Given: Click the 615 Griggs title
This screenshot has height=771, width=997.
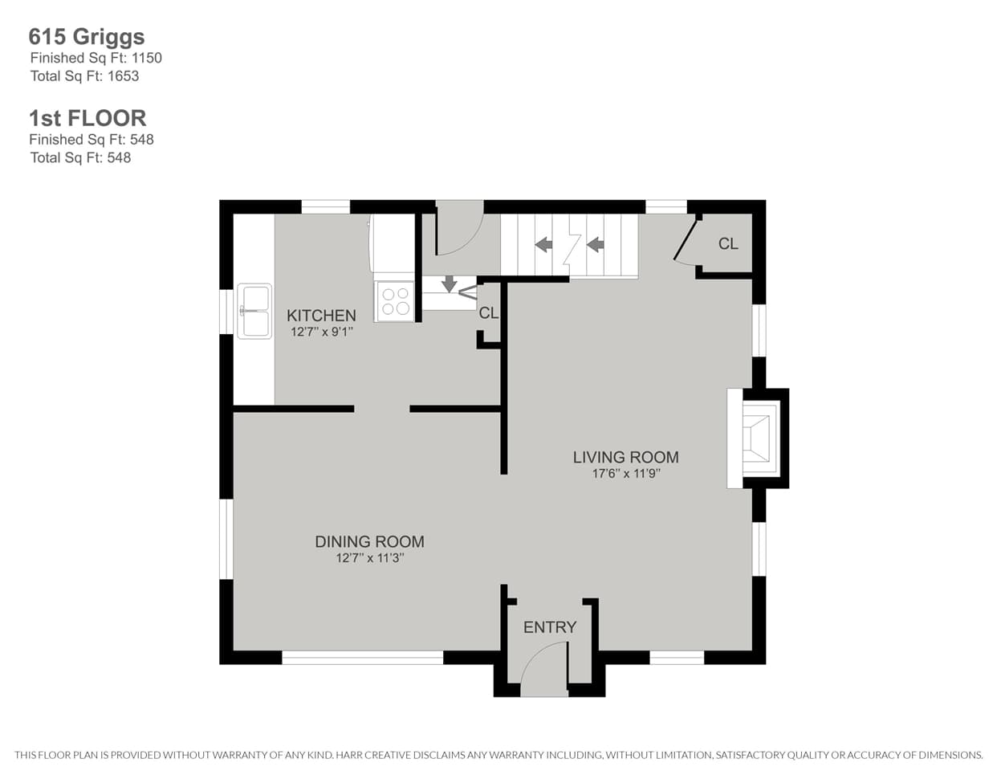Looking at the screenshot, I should click(87, 37).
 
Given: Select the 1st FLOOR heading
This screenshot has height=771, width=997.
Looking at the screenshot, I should click(87, 118).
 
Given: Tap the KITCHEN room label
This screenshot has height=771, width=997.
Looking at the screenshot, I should click(321, 316).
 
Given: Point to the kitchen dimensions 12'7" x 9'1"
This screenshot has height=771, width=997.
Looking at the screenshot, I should click(321, 331).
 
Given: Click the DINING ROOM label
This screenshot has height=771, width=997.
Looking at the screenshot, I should click(369, 542).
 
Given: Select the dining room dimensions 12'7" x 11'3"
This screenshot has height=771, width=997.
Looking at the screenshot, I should click(369, 558).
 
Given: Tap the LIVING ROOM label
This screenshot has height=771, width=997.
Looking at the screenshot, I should click(625, 457).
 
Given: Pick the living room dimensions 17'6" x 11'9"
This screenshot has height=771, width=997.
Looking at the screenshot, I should click(625, 473).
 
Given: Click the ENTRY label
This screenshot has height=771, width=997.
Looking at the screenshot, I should click(550, 627).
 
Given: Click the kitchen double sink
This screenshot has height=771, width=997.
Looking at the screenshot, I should click(254, 311).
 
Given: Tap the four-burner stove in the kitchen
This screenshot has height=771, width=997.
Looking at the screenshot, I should click(394, 301).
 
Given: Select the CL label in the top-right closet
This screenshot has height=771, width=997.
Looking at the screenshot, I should click(728, 244).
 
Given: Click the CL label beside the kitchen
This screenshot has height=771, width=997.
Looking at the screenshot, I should click(488, 313).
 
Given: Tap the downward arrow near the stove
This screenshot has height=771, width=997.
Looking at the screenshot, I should click(449, 284).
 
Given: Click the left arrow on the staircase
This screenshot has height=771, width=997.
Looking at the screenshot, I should click(543, 244).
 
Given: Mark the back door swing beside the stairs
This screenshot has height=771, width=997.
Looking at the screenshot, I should click(456, 225).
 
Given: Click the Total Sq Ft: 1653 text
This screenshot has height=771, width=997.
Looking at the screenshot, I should click(84, 76).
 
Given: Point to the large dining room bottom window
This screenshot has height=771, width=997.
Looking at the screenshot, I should click(362, 657).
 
